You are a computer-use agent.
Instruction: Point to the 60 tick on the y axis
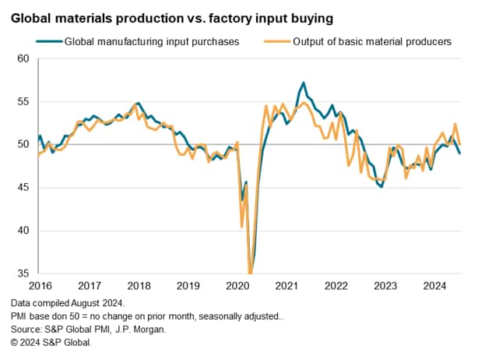click(x=22, y=58)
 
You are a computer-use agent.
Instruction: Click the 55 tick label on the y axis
click(x=22, y=101)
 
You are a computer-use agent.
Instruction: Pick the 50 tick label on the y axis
click(x=22, y=144)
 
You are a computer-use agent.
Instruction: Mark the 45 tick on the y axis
click(x=22, y=188)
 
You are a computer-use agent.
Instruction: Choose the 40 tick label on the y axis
click(x=22, y=231)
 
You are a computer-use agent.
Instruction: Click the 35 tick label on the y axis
click(x=22, y=274)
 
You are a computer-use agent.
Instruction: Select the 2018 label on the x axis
click(x=139, y=285)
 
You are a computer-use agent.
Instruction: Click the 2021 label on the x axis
click(x=286, y=285)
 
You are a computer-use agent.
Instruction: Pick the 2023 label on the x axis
click(x=385, y=285)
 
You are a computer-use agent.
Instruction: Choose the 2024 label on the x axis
click(x=434, y=285)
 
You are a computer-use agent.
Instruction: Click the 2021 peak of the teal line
click(x=303, y=83)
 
